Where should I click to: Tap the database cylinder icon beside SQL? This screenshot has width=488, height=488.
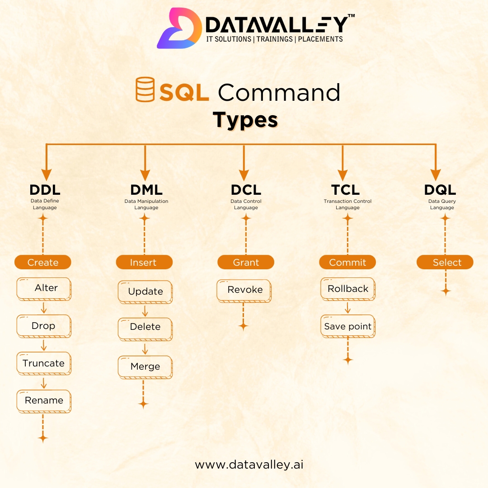click(x=145, y=89)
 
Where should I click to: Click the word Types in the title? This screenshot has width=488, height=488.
click(x=245, y=120)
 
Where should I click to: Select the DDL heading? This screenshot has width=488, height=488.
click(x=45, y=189)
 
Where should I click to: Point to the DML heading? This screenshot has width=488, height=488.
click(x=146, y=189)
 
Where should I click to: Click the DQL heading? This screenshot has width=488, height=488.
click(x=440, y=189)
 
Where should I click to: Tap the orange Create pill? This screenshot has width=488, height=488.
click(x=43, y=262)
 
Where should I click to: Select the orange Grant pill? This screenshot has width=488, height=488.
click(x=246, y=262)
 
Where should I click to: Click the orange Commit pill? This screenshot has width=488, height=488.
click(x=347, y=262)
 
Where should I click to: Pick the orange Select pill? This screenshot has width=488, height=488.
click(x=445, y=262)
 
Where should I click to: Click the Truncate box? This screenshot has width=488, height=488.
click(x=44, y=364)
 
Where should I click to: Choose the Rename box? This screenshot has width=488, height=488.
click(x=44, y=401)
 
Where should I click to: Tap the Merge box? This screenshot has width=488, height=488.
click(x=145, y=367)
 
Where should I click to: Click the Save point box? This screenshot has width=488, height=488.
click(x=348, y=327)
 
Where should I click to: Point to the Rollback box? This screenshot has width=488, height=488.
click(x=348, y=289)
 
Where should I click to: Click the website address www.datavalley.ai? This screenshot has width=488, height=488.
click(x=249, y=465)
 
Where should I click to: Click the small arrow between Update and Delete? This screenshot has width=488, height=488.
click(x=145, y=310)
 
